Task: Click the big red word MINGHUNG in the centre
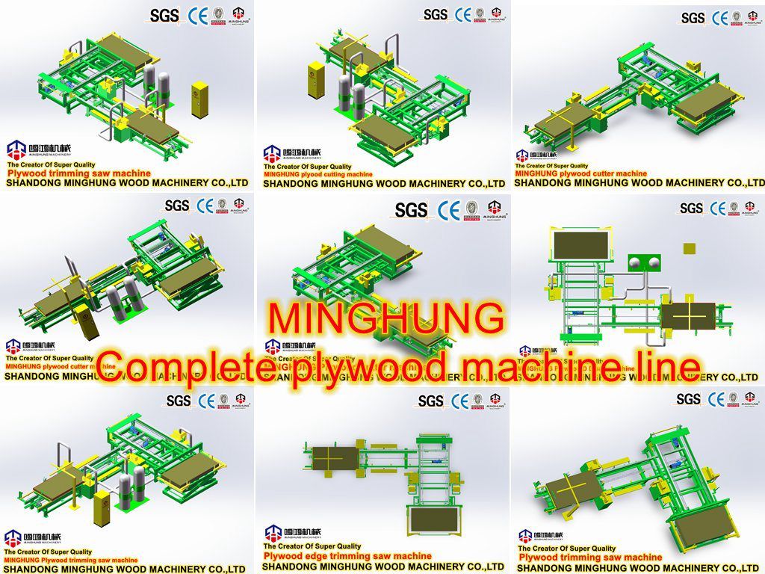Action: tap(385, 318)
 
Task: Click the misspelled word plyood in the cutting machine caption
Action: tap(315, 174)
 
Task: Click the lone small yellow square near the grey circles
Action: tap(690, 248)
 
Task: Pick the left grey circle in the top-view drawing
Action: tap(637, 262)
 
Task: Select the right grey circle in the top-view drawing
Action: tap(653, 262)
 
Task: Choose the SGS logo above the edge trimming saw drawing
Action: tap(430, 401)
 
